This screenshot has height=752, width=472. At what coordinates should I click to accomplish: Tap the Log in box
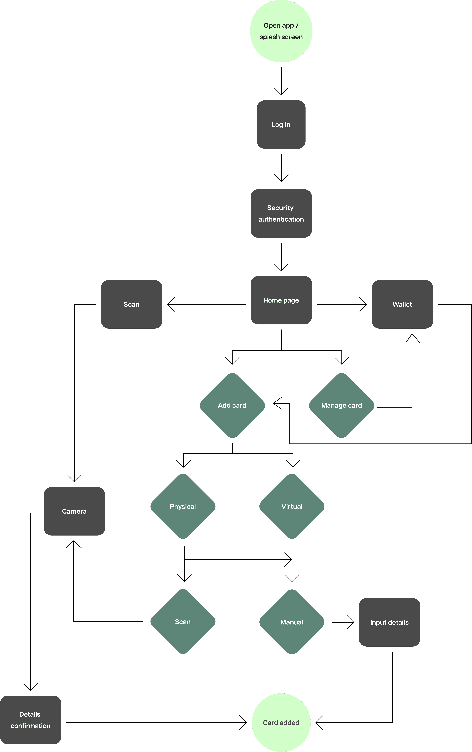tap(281, 124)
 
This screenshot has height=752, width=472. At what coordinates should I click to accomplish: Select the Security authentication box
tap(281, 213)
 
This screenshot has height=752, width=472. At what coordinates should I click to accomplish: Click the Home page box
tap(281, 300)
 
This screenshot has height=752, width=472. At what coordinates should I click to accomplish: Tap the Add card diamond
tap(232, 405)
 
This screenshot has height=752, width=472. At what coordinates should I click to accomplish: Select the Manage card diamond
tap(341, 405)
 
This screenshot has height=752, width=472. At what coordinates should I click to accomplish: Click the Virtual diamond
tap(292, 506)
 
